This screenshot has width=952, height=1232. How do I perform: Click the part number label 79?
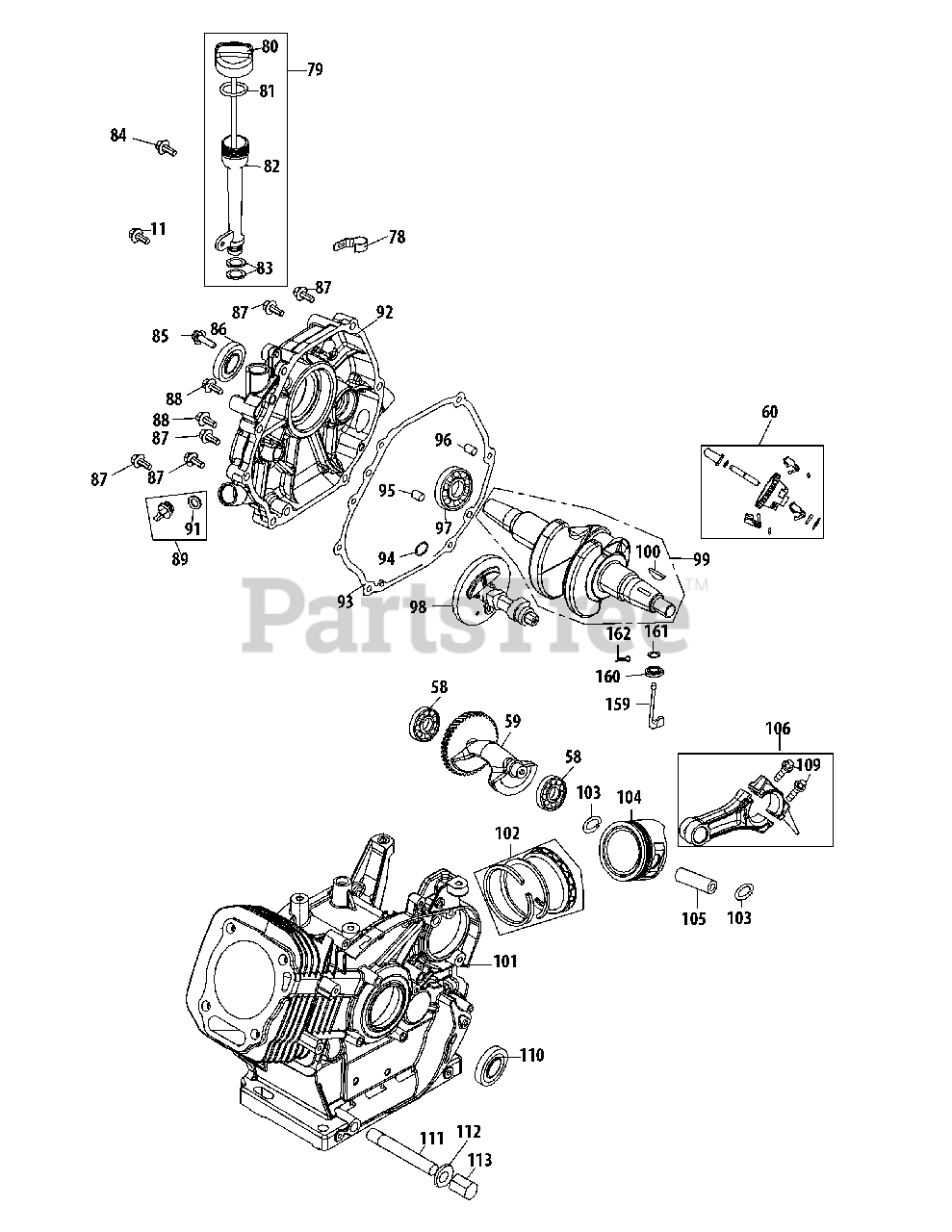coord(315,69)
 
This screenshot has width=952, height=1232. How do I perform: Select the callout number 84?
coord(117,135)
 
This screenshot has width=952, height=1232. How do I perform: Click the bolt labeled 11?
coord(136,233)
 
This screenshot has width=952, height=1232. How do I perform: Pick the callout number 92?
coord(385,312)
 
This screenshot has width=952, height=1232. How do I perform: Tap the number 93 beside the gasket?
coord(346,602)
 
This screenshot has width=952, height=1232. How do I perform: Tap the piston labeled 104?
coord(631,844)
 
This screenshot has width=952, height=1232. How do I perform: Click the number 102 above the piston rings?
coord(506,834)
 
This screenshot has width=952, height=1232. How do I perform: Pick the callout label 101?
coord(505,961)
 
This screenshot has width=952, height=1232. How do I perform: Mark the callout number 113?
coord(479,1161)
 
